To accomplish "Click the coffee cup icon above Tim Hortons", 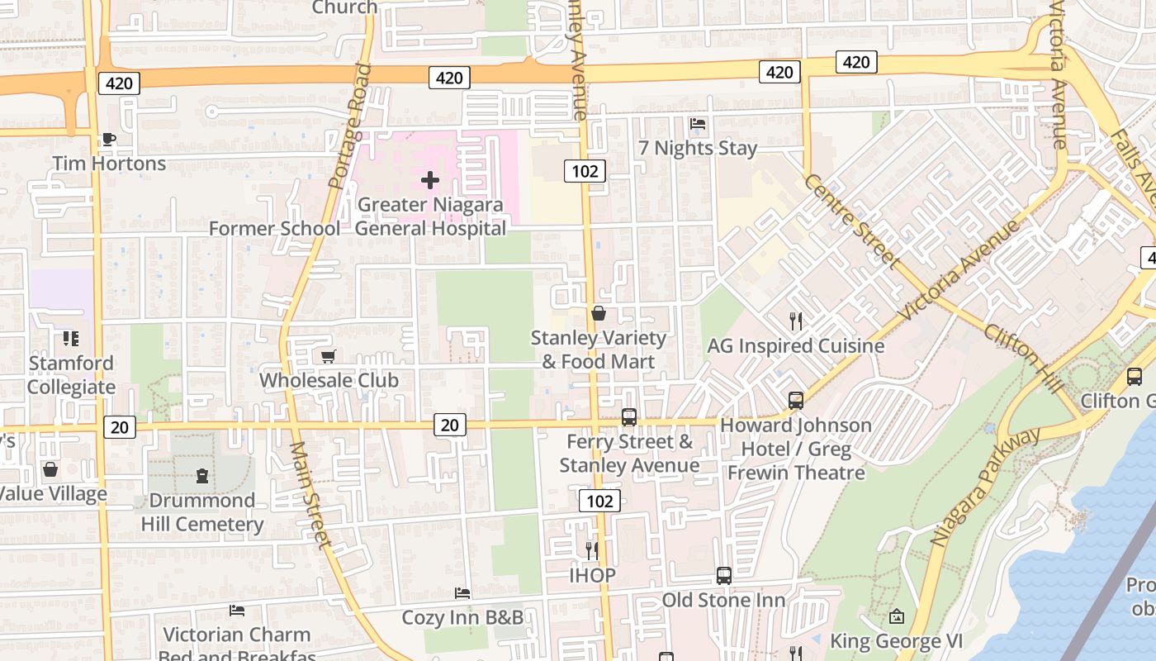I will point(108,140).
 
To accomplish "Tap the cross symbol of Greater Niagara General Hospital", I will point(429,179).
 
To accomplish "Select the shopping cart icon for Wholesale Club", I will point(328,356).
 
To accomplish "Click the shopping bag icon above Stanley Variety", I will point(599,314).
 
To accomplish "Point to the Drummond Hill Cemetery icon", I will point(202,476).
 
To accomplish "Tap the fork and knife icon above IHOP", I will point(591,550).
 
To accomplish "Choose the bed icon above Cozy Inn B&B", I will point(462,593).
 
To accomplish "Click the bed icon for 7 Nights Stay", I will point(698,124).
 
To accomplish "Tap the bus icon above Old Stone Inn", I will point(724,576).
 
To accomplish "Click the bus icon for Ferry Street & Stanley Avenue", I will point(629,417).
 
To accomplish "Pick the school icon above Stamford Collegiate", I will point(71,339).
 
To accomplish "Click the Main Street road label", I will point(310,496).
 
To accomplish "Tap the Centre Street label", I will point(851,221).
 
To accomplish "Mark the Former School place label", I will point(274,228).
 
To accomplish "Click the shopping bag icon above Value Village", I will point(50,470).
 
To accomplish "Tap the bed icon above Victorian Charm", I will point(237,611).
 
